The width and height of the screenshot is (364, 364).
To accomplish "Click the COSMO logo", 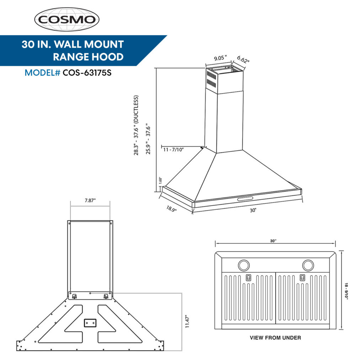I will pyautogui.click(x=66, y=19).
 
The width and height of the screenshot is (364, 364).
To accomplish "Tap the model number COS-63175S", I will pyautogui.click(x=89, y=73).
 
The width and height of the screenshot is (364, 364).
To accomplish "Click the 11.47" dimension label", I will pyautogui.click(x=187, y=322).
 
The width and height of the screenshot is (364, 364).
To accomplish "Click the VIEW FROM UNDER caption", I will pyautogui.click(x=275, y=338).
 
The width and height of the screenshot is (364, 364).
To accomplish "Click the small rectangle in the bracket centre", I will pyautogui.click(x=90, y=322).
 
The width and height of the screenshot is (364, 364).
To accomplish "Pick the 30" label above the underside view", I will pyautogui.click(x=273, y=241).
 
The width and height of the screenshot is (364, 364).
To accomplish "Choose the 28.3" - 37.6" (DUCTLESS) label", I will pyautogui.click(x=135, y=125).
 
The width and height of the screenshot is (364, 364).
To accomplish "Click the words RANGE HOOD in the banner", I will pyautogui.click(x=88, y=57).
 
